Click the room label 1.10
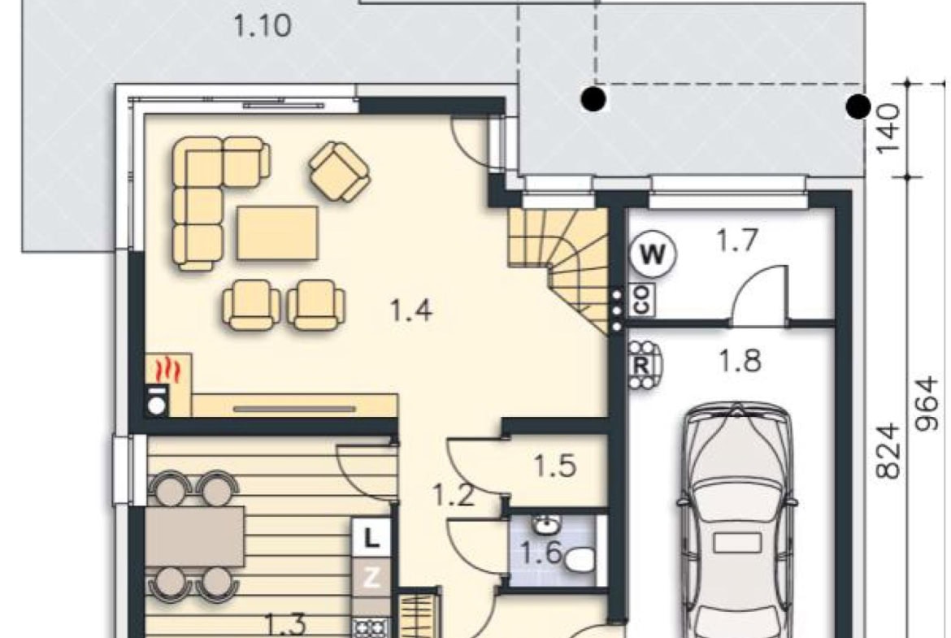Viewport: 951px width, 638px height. (x=262, y=26)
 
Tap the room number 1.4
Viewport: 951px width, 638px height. (x=410, y=310)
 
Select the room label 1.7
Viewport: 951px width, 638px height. (x=737, y=240)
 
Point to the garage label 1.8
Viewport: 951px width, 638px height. (x=740, y=361)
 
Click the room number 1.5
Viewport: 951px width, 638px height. (x=555, y=467)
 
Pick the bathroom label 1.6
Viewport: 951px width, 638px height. (x=541, y=553)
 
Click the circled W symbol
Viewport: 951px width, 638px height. (x=653, y=254)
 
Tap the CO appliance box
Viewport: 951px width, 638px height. (x=642, y=300)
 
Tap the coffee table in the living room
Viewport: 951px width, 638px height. (x=277, y=233)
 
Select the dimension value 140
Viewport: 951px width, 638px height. (x=888, y=129)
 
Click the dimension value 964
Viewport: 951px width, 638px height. (x=927, y=404)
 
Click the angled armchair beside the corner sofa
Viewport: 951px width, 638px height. (x=340, y=171)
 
